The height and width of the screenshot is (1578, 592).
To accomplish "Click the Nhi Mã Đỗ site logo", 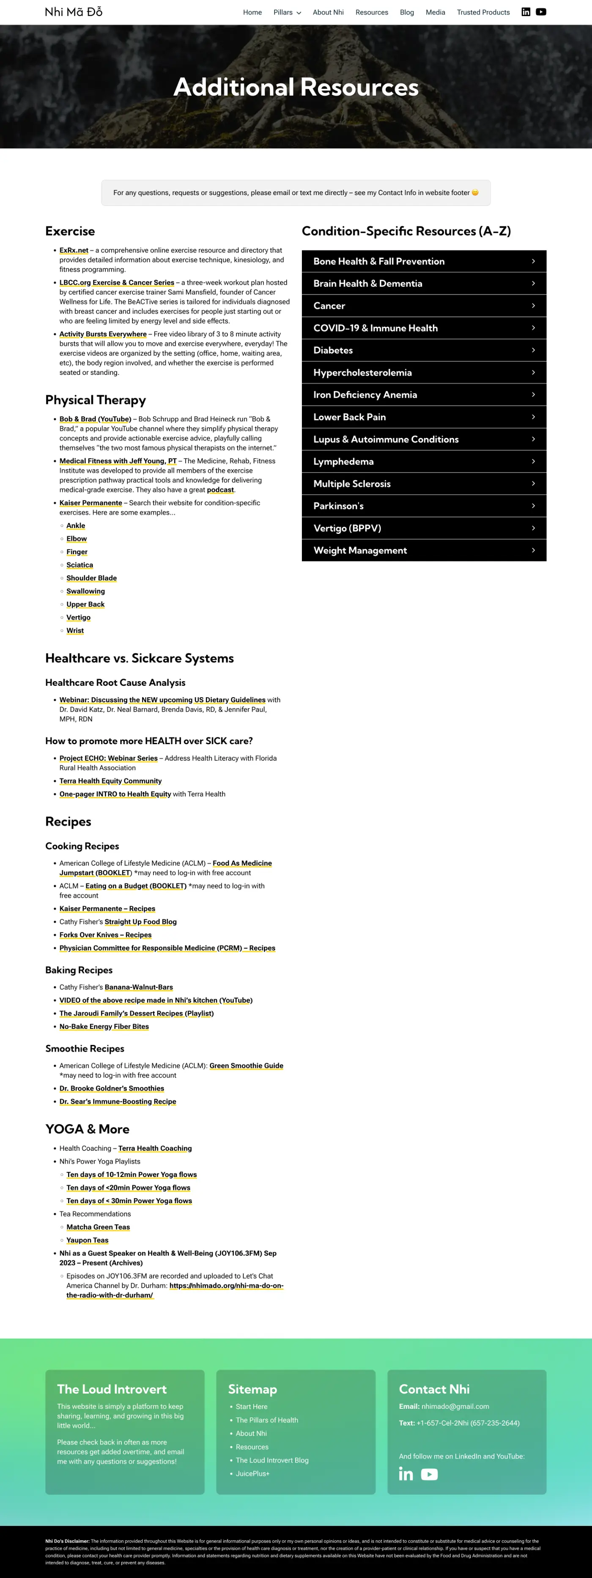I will click(74, 12).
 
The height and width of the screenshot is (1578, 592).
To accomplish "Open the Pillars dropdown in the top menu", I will click(287, 12).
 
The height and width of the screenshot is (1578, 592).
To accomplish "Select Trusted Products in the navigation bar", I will click(483, 12).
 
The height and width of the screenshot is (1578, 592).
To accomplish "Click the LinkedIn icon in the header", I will click(525, 12).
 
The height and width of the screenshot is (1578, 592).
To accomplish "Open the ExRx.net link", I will click(74, 250).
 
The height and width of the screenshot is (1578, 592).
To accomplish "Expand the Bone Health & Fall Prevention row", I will click(424, 261).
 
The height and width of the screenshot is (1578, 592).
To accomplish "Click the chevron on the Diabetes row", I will click(533, 350).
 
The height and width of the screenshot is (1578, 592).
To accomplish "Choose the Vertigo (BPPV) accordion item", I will click(424, 528).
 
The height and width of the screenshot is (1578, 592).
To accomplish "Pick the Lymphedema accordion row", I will click(424, 461).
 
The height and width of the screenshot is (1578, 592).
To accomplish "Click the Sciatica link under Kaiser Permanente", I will click(79, 565).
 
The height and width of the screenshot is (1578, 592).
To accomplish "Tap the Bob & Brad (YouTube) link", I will click(95, 419).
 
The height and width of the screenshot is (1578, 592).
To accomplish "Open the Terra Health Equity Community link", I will click(110, 781).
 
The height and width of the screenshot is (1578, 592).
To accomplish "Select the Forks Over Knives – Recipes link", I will click(105, 935).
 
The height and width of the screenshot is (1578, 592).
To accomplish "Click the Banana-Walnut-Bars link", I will click(138, 987).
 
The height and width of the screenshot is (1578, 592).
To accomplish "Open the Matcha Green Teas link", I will click(98, 1227).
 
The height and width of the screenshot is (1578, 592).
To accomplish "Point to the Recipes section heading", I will click(68, 822).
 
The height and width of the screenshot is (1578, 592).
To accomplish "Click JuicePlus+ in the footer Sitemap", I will click(252, 1473).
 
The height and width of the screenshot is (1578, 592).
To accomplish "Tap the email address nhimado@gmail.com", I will click(455, 1407).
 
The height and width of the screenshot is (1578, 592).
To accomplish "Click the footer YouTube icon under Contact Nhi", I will click(429, 1474).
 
